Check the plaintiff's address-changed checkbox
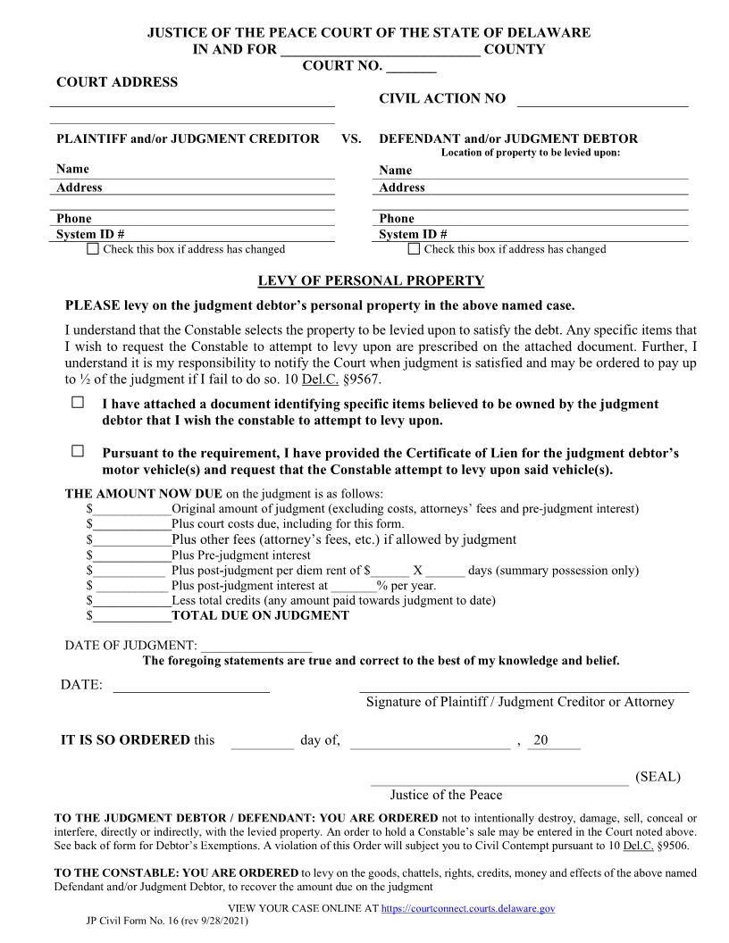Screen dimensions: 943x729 (93, 249)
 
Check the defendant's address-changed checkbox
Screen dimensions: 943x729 (414, 249)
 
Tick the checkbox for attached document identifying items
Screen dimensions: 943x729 (78, 404)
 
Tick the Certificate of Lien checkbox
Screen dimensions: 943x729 (78, 452)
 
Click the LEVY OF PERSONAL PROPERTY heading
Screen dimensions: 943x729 (371, 280)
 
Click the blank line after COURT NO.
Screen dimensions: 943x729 (412, 67)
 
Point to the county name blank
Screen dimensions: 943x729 (381, 50)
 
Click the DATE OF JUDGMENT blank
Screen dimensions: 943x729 (256, 646)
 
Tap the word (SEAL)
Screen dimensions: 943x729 (658, 776)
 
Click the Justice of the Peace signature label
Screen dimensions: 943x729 (446, 795)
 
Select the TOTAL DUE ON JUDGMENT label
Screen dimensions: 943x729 (260, 615)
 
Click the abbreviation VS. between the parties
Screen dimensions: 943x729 (351, 138)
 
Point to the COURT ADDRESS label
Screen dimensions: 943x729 (117, 82)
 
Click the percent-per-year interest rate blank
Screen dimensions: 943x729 (353, 587)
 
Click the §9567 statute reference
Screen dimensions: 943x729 (362, 378)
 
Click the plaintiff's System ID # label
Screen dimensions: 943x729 (90, 234)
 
